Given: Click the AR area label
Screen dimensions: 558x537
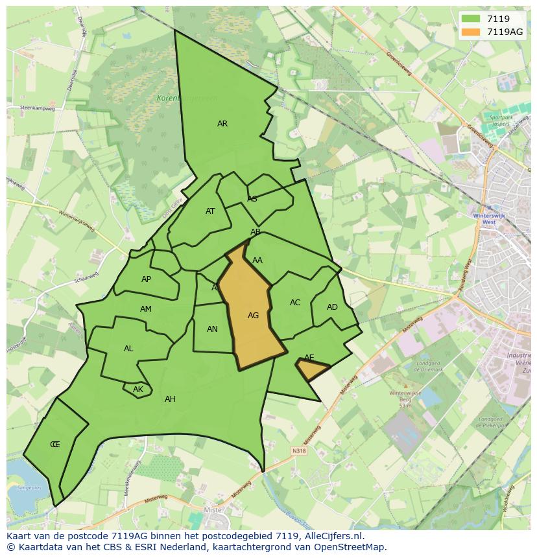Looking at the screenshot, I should click(x=222, y=124).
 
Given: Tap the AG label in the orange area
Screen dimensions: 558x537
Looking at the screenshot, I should click(x=253, y=316).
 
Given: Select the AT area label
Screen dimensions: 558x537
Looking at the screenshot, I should click(x=210, y=211).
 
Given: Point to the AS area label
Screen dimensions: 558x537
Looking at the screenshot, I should click(x=252, y=199).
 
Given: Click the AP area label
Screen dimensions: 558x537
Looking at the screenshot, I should click(x=146, y=279).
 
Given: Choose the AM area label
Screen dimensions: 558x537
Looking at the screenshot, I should click(x=145, y=309).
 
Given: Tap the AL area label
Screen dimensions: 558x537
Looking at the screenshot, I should click(x=128, y=349).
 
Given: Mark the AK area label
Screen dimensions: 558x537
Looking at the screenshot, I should click(x=137, y=389).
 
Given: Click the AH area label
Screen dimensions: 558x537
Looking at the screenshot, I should click(x=170, y=399).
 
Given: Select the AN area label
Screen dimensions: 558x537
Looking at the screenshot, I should click(x=212, y=329).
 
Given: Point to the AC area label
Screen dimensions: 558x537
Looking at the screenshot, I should click(x=295, y=303).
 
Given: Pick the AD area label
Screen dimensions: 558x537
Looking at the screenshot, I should click(x=332, y=307).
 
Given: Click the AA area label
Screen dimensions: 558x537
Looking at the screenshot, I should click(x=257, y=261).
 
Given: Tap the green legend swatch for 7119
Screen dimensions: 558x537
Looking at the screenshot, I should click(x=471, y=19).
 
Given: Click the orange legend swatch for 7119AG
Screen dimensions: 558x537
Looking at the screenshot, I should click(x=471, y=32).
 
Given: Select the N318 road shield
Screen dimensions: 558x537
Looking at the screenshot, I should click(x=299, y=451).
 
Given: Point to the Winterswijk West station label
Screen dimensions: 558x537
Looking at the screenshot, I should click(x=484, y=218).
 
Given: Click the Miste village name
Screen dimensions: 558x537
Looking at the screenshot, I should click(x=213, y=511).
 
